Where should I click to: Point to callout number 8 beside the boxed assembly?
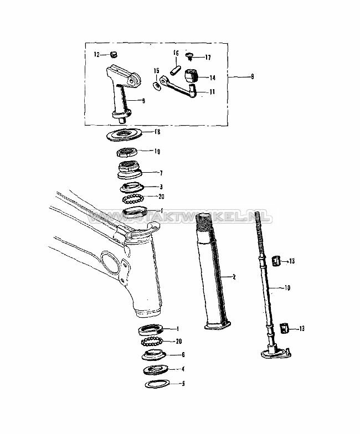[252, 77]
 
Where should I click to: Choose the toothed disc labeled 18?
[126, 134]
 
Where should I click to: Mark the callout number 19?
[157, 151]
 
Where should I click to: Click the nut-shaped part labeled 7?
[131, 169]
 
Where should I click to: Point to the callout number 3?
[161, 187]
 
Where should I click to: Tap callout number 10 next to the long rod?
[287, 288]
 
